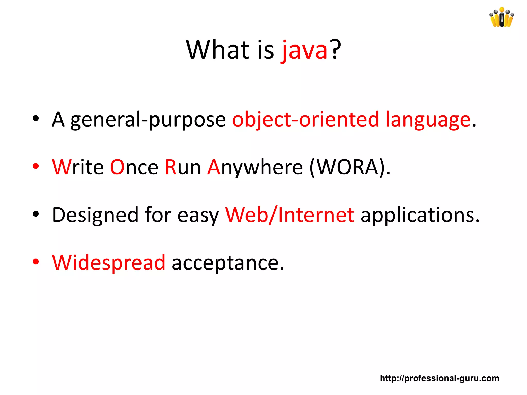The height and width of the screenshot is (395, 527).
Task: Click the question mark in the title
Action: tap(336, 49)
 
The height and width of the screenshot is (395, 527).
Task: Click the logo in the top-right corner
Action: tap(502, 17)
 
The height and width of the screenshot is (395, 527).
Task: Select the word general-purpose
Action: tap(148, 120)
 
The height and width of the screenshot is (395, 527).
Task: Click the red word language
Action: tap(428, 120)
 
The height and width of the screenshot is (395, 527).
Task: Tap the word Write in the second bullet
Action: tap(78, 167)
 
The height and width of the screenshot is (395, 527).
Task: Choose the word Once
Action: tap(134, 167)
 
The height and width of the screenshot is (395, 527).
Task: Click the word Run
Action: tap(183, 167)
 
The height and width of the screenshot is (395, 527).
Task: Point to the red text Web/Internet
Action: tap(290, 215)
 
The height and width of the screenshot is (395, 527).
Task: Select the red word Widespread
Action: tap(109, 263)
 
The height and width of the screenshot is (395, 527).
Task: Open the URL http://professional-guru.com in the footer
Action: tap(440, 378)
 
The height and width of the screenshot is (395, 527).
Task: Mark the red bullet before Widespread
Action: tap(36, 262)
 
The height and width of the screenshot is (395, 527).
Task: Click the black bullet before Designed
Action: tap(36, 214)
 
